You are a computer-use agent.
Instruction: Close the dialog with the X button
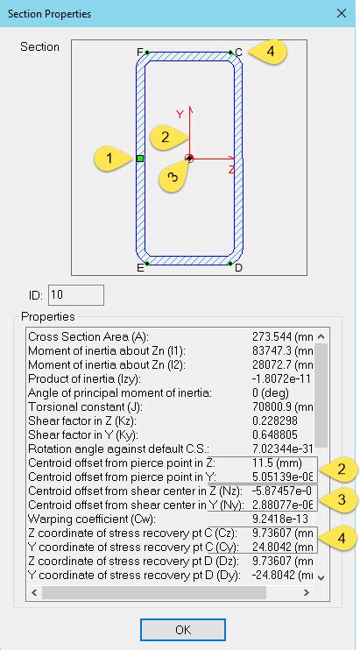[341, 13]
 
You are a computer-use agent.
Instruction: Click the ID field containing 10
[75, 294]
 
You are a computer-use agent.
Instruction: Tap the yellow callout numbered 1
[108, 159]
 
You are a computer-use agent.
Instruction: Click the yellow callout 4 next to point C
[271, 52]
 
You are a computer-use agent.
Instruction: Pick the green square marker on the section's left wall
[140, 158]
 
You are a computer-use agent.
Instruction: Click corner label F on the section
[140, 53]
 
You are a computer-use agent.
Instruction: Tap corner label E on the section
[140, 267]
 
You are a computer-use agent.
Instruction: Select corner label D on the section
[238, 267]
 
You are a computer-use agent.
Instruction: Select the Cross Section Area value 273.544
[272, 336]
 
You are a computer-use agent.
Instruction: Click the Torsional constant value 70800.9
[272, 406]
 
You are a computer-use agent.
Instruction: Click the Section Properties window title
[49, 14]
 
